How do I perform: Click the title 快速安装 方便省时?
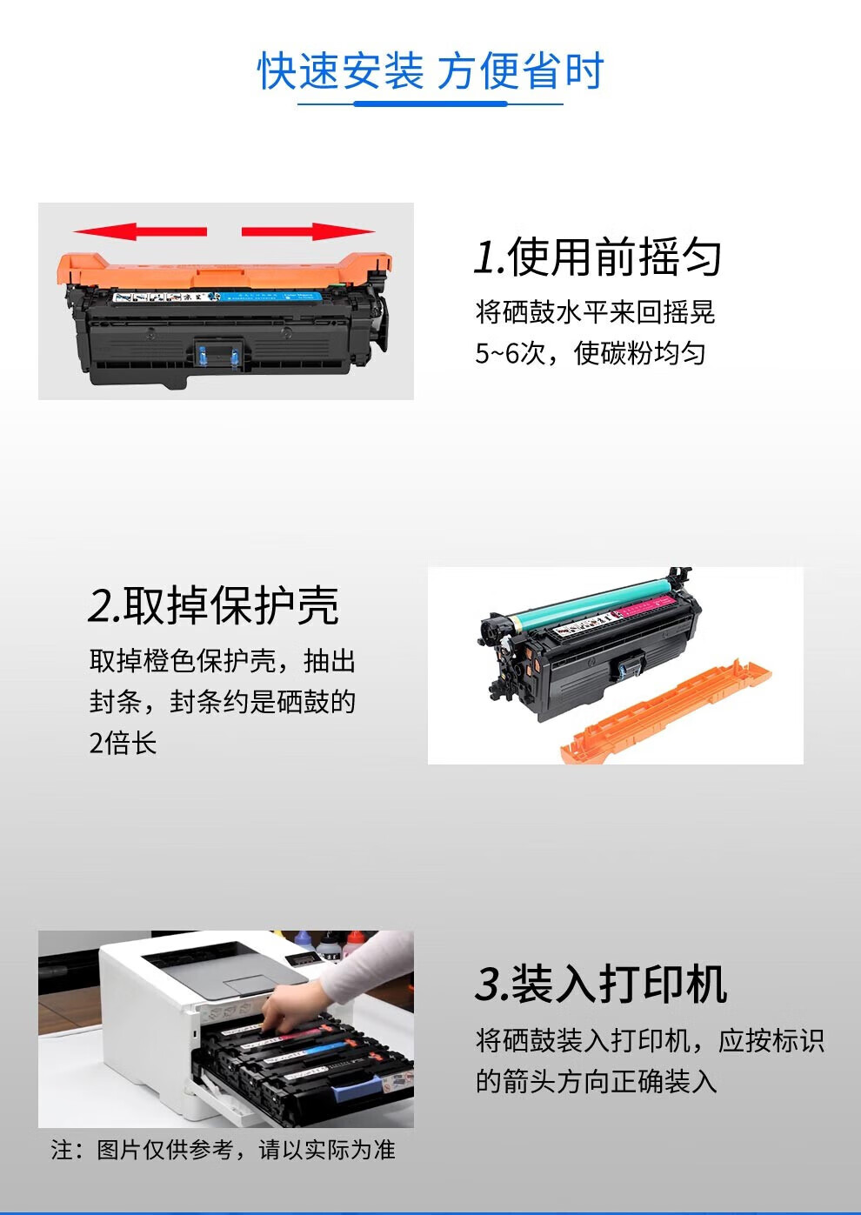pyautogui.click(x=430, y=70)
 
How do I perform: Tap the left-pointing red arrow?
pyautogui.click(x=140, y=231)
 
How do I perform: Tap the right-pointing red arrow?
pyautogui.click(x=308, y=231)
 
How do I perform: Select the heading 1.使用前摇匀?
pyautogui.click(x=597, y=257)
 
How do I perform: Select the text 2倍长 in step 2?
pyautogui.click(x=123, y=743)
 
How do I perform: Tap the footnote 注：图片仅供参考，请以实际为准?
pyautogui.click(x=223, y=1150)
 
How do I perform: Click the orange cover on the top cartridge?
pyautogui.click(x=224, y=270)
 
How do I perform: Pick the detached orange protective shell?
pyautogui.click(x=665, y=712)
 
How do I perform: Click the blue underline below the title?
pyautogui.click(x=430, y=103)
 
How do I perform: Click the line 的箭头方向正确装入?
pyautogui.click(x=597, y=1091)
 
